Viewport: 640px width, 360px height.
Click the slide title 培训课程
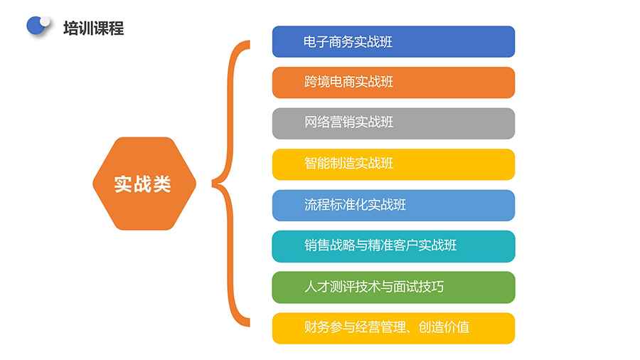93,28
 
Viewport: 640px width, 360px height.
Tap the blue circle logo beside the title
36,26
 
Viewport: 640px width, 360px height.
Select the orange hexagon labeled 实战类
144,184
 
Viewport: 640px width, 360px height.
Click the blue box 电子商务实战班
393,42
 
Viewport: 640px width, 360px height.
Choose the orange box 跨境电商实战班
393,83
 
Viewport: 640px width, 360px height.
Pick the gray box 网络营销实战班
393,123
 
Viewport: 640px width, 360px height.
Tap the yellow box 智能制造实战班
393,164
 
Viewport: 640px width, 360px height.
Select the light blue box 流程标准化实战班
393,206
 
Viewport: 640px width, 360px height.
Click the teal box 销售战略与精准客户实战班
393,247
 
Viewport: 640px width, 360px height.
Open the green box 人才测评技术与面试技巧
393,287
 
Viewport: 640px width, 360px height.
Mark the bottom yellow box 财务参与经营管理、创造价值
393,328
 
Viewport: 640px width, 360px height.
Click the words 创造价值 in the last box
444,327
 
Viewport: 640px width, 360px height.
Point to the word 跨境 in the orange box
316,82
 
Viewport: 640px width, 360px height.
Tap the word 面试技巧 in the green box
418,287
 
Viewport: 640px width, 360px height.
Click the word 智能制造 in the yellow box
329,163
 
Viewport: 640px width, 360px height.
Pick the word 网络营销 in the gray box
329,122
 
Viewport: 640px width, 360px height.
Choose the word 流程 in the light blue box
316,204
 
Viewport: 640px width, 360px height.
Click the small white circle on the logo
45,21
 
